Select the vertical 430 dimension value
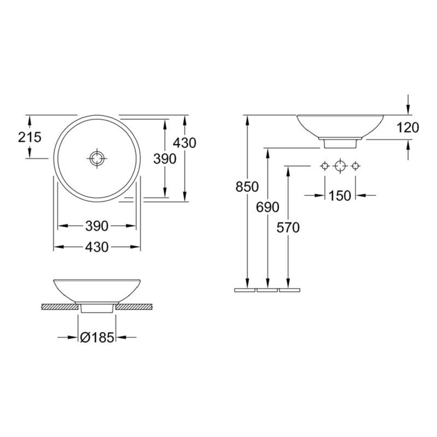[184, 143]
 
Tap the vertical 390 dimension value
[165, 159]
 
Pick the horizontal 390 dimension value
[97, 226]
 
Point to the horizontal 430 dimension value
[97, 247]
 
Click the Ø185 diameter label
[97, 338]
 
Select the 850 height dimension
[247, 187]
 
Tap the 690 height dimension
[268, 207]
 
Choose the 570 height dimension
[288, 228]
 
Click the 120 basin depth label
[408, 127]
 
